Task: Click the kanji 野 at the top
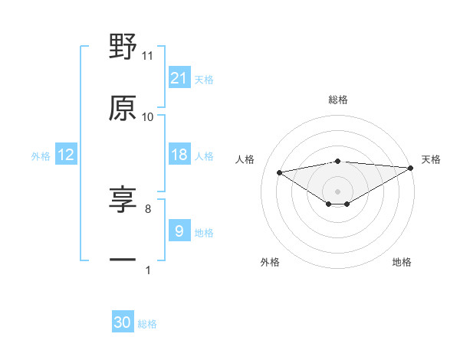pos(123,47)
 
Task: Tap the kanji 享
pos(123,199)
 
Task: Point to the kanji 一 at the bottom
pos(123,260)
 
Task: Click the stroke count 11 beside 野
pos(148,56)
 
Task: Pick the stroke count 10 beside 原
pos(148,117)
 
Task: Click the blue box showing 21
pos(179,78)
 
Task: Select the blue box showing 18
pos(179,155)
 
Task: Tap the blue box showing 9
pos(179,231)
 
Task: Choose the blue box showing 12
pos(66,155)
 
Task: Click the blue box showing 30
pos(123,323)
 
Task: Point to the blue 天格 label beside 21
pos(204,80)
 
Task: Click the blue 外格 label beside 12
pos(41,156)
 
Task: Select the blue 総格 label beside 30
pos(147,324)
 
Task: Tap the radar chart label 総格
pos(338,100)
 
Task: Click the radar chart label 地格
pos(402,262)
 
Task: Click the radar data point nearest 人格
pos(279,172)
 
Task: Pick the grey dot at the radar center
pos(338,191)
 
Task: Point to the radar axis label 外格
pos(270,262)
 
